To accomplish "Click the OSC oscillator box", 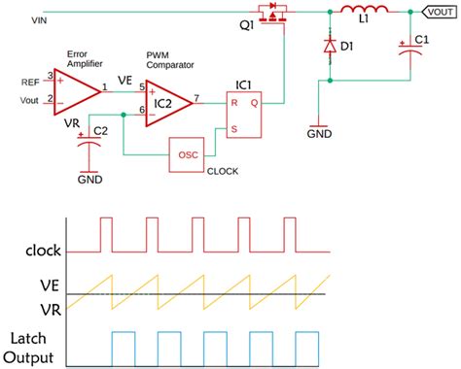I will click(x=188, y=154).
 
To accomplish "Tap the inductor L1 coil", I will click(x=370, y=13).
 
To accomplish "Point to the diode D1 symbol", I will click(x=332, y=48).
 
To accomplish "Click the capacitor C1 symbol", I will click(x=408, y=51).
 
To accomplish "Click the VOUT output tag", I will click(x=438, y=13).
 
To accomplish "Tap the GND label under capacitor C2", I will click(x=89, y=181).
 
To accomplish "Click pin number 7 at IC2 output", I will click(x=197, y=97).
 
